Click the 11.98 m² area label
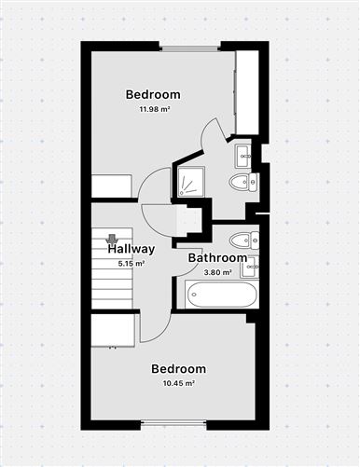pyautogui.click(x=153, y=110)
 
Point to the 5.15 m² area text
pyautogui.click(x=131, y=264)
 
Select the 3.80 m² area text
pyautogui.click(x=217, y=272)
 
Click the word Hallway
pyautogui.click(x=131, y=250)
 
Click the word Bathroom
pyautogui.click(x=217, y=258)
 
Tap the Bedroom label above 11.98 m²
pyautogui.click(x=153, y=95)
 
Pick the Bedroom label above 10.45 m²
pyautogui.click(x=179, y=369)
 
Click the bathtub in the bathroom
pyautogui.click(x=222, y=295)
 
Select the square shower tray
pyautogui.click(x=192, y=183)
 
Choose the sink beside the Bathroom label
pyautogui.click(x=249, y=268)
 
